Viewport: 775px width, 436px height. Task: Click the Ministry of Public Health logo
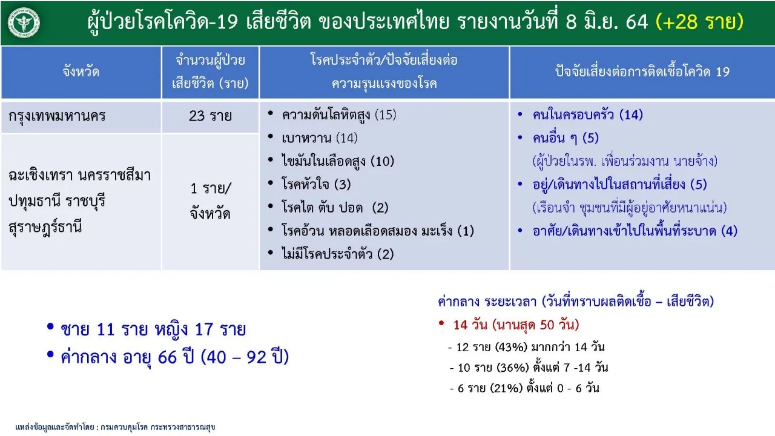(x=24, y=23)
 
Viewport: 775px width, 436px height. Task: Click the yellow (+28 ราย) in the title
(x=699, y=21)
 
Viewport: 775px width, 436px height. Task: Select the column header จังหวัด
(x=81, y=72)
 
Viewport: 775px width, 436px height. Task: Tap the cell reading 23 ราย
(x=210, y=116)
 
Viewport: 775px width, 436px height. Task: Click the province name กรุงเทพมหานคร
(x=57, y=116)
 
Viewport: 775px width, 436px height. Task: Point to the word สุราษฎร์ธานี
(x=45, y=228)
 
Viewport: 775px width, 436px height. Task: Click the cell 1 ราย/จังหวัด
(x=210, y=201)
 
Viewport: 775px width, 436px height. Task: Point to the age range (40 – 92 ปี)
(x=245, y=357)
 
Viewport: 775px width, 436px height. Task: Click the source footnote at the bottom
(x=115, y=427)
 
